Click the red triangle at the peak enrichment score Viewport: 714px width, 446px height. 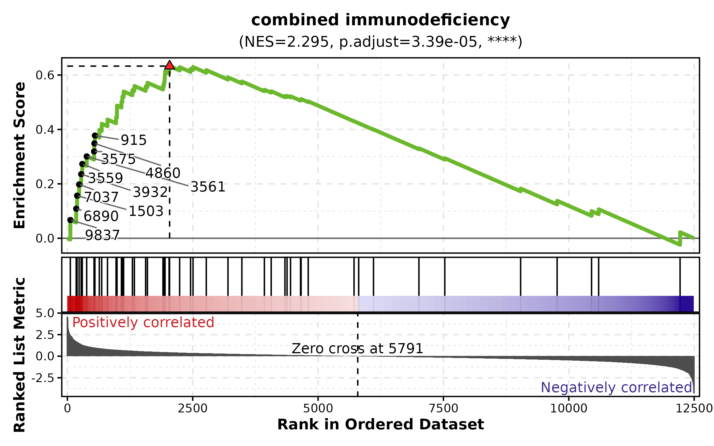pos(170,65)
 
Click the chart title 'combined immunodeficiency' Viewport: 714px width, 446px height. pos(381,20)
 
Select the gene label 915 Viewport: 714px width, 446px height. pos(134,140)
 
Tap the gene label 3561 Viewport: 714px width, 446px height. pos(208,187)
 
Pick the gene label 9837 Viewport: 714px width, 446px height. pos(102,235)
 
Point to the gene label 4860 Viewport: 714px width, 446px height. pos(163,173)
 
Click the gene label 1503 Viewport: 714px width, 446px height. pos(146,211)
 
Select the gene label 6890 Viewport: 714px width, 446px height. pos(101,216)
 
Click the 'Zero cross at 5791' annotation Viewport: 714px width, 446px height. pos(357,348)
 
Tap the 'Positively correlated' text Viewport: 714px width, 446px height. pos(143,323)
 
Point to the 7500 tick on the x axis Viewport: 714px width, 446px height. pos(444,409)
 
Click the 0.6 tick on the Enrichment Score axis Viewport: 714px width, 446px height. pos(45,75)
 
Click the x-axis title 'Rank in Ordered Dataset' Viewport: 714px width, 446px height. pos(381,425)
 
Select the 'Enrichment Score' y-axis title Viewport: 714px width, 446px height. pos(20,155)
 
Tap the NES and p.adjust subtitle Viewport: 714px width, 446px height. pos(381,42)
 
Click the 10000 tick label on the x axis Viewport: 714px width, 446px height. pos(569,409)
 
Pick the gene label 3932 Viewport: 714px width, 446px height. pos(150,192)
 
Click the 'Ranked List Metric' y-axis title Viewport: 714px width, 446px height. pos(20,355)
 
